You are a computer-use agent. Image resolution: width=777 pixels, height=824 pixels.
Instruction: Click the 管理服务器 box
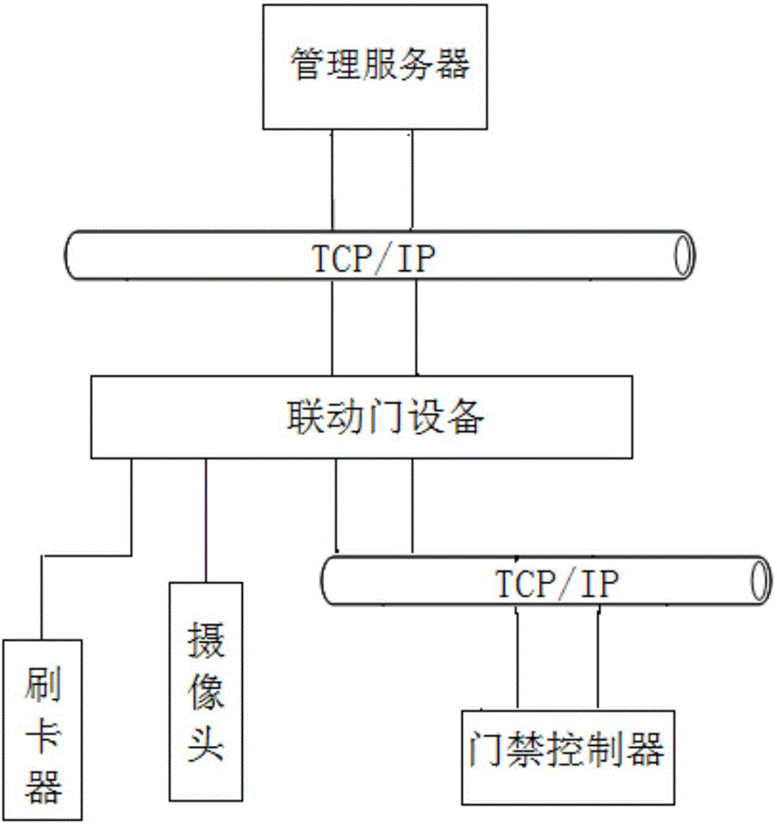pyautogui.click(x=379, y=65)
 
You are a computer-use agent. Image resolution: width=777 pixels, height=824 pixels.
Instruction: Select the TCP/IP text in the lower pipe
pyautogui.click(x=556, y=584)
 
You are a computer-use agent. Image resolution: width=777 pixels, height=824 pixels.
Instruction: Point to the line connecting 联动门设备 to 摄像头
pyautogui.click(x=206, y=519)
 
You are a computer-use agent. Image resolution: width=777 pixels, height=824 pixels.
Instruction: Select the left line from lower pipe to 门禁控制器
pyautogui.click(x=516, y=659)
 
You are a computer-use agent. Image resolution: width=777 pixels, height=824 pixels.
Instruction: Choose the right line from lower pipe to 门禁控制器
pyautogui.click(x=598, y=659)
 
